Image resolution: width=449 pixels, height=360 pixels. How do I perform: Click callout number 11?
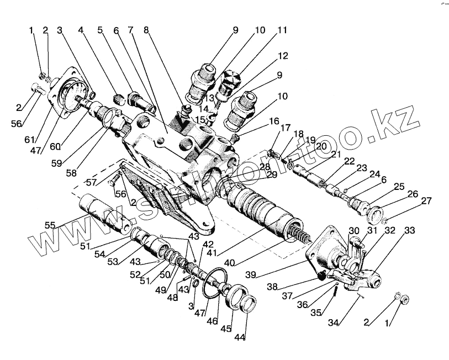pos(282,30)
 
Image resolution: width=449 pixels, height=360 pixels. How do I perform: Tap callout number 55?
pos(51,225)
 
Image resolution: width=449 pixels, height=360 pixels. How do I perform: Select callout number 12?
pos(283,56)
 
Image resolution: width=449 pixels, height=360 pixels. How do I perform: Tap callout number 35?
pos(316,312)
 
